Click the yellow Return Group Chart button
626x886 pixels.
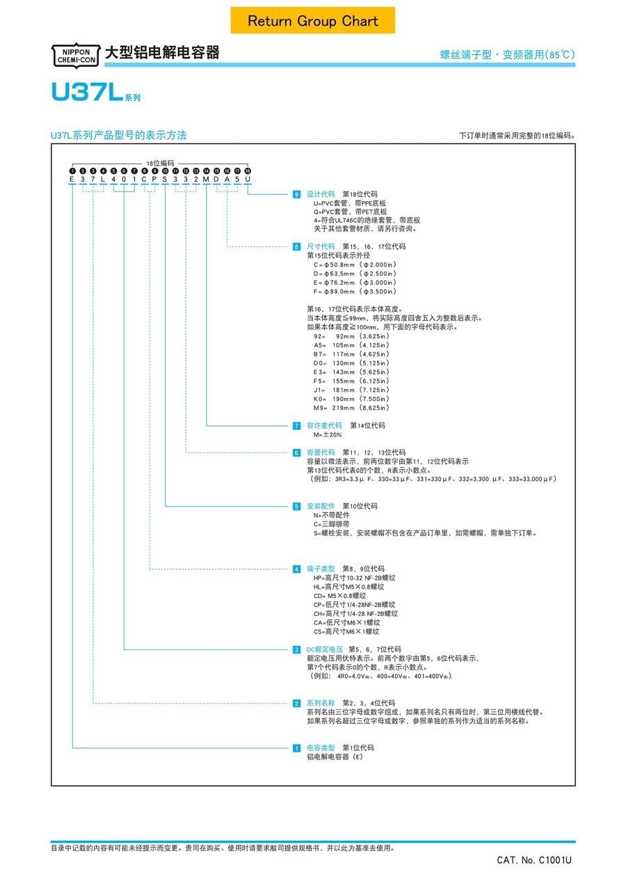click(312, 20)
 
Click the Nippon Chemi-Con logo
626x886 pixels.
click(76, 56)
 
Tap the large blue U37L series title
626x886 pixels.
click(96, 92)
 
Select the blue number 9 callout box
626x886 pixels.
click(296, 194)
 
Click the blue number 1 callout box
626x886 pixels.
click(296, 748)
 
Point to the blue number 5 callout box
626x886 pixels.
click(296, 506)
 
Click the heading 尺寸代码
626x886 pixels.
click(321, 246)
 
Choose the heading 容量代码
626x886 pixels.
click(321, 452)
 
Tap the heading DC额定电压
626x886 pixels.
click(324, 649)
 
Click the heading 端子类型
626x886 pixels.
click(321, 569)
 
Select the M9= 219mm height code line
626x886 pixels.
click(351, 408)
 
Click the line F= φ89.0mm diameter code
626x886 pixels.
click(355, 292)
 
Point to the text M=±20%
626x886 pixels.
click(328, 435)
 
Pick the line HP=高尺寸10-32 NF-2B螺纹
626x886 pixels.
click(355, 578)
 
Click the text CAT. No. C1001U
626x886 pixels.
click(534, 860)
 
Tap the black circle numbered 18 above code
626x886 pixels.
click(248, 171)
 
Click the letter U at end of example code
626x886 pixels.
click(248, 179)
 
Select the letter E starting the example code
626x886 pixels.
click(72, 179)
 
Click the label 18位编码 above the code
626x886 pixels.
click(160, 163)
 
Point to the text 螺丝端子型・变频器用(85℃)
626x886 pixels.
click(508, 54)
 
